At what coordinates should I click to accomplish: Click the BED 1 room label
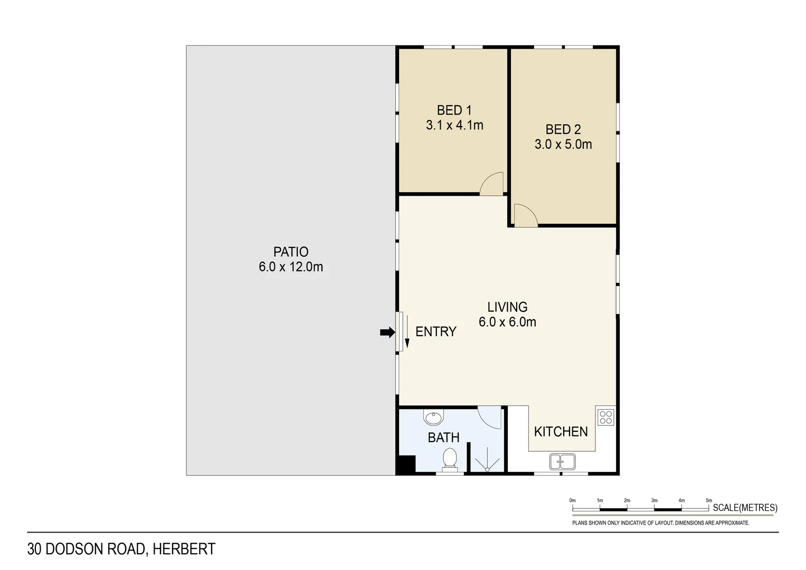(454, 110)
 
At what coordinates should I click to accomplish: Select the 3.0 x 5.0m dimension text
(563, 144)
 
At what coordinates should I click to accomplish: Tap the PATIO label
(291, 252)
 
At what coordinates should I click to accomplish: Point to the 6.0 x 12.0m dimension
(291, 267)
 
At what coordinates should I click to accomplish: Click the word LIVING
(507, 307)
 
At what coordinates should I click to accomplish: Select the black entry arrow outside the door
(387, 332)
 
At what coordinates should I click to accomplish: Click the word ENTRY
(435, 331)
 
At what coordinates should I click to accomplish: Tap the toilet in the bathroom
(450, 458)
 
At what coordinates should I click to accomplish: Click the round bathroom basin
(433, 418)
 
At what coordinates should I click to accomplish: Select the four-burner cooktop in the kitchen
(606, 417)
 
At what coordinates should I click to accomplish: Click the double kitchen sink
(562, 462)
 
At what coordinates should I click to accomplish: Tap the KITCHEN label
(561, 432)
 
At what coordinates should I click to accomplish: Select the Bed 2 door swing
(525, 215)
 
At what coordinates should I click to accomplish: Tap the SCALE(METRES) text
(745, 508)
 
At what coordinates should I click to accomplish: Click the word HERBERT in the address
(184, 549)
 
